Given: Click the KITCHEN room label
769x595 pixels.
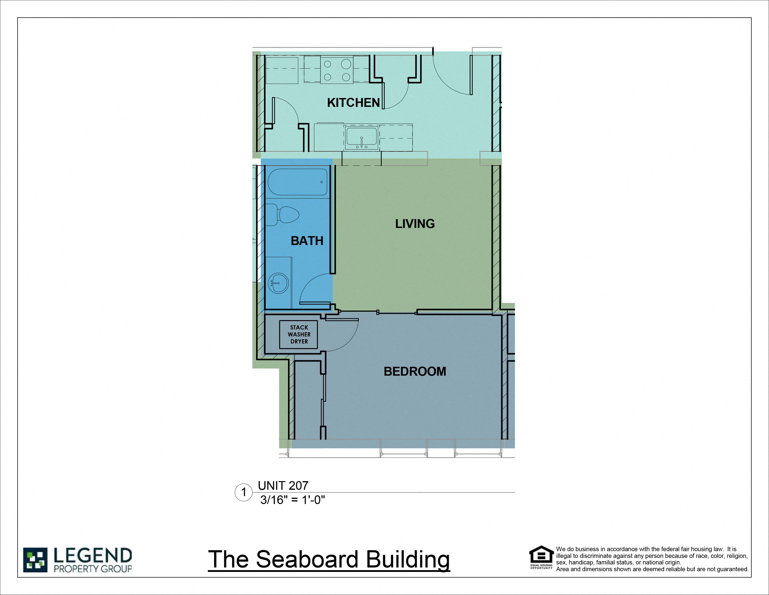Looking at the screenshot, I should pyautogui.click(x=353, y=103).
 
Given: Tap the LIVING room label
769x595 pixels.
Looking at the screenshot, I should pyautogui.click(x=415, y=224).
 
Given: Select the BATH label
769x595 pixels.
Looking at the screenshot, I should pyautogui.click(x=307, y=241).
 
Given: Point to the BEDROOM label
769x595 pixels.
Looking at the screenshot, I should pyautogui.click(x=415, y=371).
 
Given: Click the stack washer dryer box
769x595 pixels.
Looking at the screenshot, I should pyautogui.click(x=299, y=335).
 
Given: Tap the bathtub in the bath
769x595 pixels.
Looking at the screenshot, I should pyautogui.click(x=298, y=182).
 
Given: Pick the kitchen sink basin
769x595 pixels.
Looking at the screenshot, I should pyautogui.click(x=361, y=138).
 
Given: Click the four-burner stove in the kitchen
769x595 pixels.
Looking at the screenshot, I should pyautogui.click(x=337, y=70).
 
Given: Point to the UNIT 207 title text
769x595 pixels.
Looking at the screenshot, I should pyautogui.click(x=283, y=486).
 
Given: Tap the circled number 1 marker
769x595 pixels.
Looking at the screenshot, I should pyautogui.click(x=243, y=492).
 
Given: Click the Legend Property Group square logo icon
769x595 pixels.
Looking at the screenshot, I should pyautogui.click(x=35, y=560).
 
